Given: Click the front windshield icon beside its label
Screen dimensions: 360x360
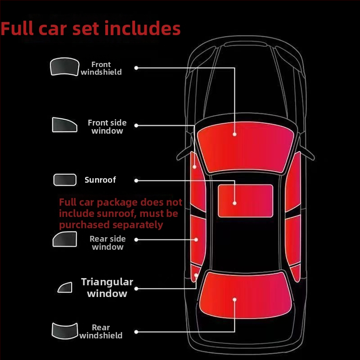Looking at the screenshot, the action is [64, 67].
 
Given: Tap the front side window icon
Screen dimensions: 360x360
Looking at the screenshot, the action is [64, 125].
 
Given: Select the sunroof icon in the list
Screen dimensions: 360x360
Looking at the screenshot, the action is [65, 180].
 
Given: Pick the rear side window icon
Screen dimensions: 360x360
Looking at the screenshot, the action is [65, 239].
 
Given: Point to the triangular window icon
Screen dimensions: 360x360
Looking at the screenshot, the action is [65, 287].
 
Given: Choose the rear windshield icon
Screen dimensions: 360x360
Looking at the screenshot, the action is [65, 331].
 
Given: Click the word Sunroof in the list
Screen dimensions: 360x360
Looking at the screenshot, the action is [100, 180].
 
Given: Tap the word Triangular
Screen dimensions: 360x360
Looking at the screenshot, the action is [107, 282].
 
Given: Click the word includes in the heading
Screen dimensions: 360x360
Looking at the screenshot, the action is [142, 28].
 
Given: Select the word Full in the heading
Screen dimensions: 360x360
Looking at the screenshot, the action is [17, 28].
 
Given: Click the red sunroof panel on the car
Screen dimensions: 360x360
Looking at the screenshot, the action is [245, 201].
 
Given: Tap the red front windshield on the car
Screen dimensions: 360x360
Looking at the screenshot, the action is [245, 148].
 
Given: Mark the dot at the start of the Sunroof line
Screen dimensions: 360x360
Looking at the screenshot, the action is [136, 181].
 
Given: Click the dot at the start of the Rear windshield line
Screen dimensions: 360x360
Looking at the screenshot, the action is [136, 332].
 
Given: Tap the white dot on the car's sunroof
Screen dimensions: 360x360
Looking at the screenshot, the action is [234, 203].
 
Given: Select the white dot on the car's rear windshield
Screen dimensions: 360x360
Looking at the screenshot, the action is [234, 300].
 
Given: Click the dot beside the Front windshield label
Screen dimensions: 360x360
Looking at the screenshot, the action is [136, 68].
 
